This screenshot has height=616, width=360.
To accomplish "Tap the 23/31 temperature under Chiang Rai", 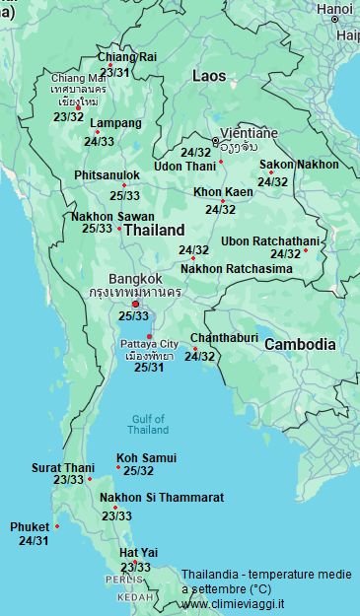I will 114,72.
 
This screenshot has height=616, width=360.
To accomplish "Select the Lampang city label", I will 115,123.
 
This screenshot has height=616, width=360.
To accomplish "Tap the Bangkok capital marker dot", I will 135,304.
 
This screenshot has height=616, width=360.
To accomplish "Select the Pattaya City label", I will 149,343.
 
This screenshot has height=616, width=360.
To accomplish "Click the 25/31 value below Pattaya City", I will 149,368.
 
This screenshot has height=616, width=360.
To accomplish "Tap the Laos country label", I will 208,75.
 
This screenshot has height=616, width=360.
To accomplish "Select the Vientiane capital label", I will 249,132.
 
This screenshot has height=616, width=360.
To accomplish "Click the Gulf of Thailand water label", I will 148,424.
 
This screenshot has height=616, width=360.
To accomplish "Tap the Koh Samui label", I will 146,457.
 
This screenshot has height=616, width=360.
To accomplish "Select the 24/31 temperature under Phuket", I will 34,541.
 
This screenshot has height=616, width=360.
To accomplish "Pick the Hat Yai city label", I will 138,553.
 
